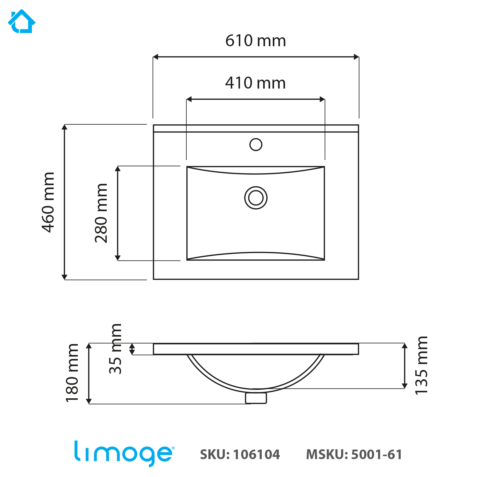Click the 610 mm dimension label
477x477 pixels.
point(255,41)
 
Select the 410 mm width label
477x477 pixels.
point(255,83)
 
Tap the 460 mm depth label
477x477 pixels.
point(48,202)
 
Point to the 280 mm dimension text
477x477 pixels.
point(101,213)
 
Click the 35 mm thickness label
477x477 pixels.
point(116,349)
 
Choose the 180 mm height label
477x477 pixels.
point(72,373)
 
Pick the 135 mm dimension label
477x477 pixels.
point(422,366)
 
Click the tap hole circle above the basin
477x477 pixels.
point(256,145)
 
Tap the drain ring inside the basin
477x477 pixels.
point(256,198)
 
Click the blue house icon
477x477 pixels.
point(21,21)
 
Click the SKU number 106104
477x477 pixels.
point(256,455)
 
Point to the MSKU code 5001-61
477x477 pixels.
point(377,455)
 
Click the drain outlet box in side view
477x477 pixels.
point(256,398)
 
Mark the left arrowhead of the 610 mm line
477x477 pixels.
point(155,57)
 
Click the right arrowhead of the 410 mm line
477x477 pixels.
point(322,99)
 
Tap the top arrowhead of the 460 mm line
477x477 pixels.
point(64,127)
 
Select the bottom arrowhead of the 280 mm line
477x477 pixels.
point(118,258)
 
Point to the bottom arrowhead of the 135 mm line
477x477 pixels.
point(405,386)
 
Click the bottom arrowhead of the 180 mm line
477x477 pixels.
point(89,401)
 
